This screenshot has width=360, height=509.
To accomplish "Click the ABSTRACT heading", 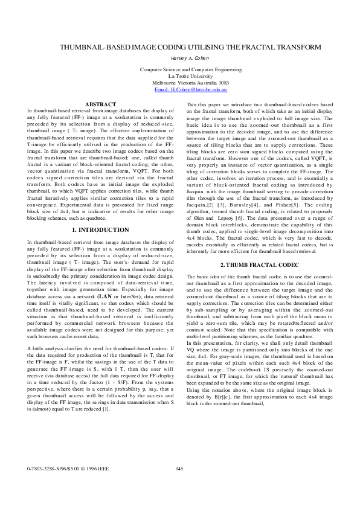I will pyautogui.click(x=100, y=104).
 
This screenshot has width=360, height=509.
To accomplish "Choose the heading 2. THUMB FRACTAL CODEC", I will pyautogui.click(x=259, y=266).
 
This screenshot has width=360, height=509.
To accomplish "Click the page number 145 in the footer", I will pyautogui.click(x=179, y=485).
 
